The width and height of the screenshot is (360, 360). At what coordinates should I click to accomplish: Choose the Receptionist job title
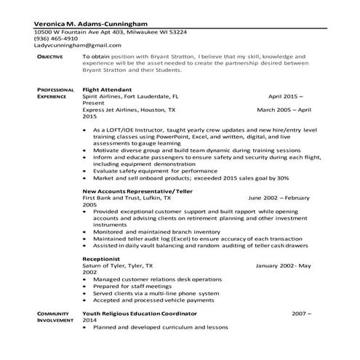pos(102,258)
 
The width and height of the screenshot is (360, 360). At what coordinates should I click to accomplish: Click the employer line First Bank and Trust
pos(127,198)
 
